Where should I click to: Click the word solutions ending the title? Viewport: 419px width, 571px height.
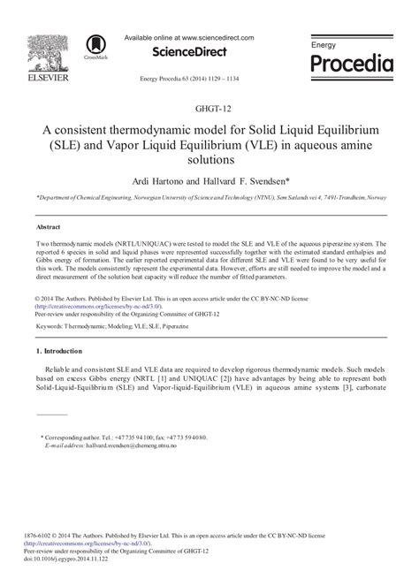pos(208,161)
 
